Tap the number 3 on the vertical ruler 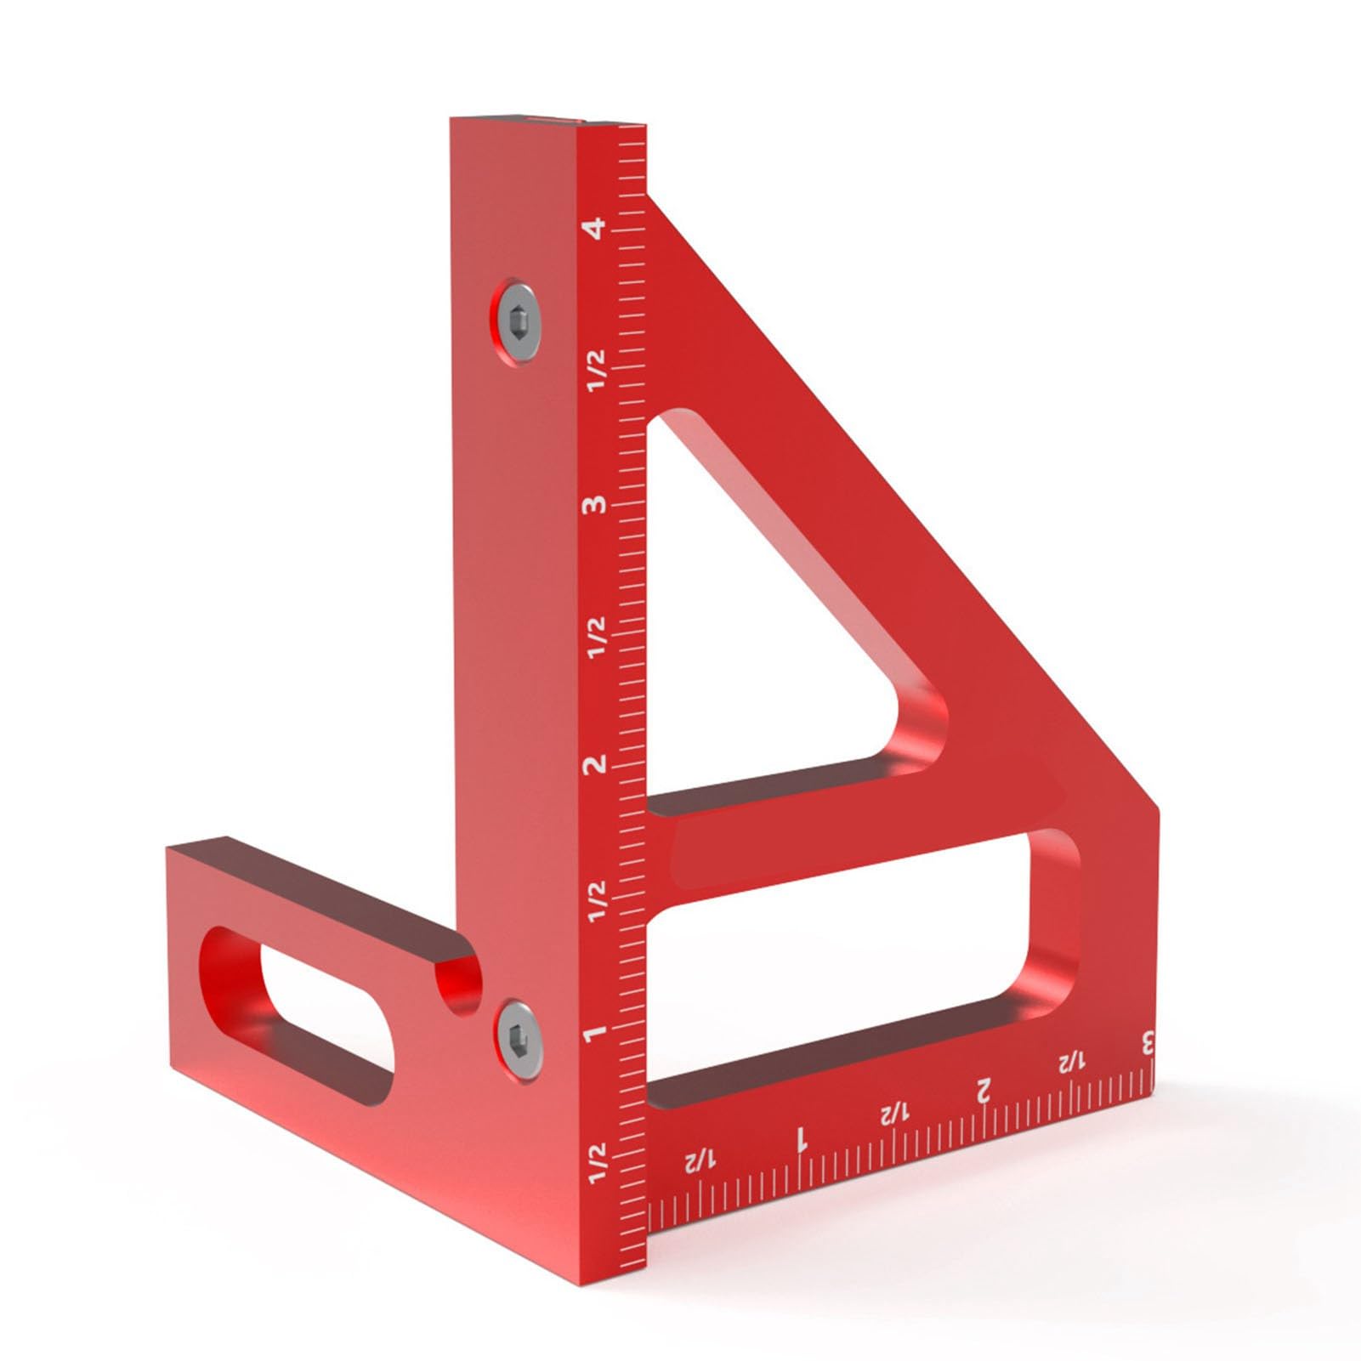tap(596, 504)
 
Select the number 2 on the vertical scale tap(596, 763)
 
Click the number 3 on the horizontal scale tap(1147, 1042)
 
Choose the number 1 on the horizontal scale tap(800, 1139)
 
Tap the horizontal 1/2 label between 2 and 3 tap(1071, 1062)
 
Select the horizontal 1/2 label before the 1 tap(701, 1161)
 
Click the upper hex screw tap(517, 321)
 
